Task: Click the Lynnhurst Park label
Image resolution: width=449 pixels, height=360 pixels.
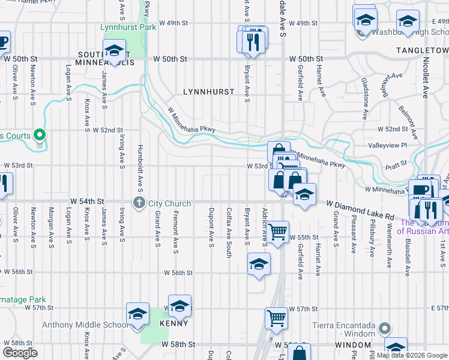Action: coord(128,27)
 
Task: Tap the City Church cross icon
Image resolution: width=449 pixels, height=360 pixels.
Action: coord(139,202)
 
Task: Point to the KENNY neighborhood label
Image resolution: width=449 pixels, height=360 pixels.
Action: coord(173,323)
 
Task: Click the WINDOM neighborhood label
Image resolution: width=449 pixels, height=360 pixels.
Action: coord(353,345)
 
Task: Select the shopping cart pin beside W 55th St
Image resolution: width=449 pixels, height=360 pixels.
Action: coord(277,232)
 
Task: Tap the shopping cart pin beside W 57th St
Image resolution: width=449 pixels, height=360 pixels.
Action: coord(276,319)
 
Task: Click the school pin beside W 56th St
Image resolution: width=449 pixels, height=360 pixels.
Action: coord(259,264)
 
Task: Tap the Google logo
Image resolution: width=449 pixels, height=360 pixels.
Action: coord(20,353)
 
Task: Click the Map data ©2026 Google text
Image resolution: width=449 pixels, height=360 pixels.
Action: coord(412,355)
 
